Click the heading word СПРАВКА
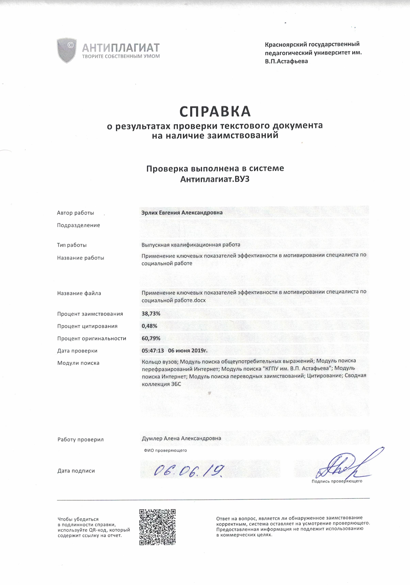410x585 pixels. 215,111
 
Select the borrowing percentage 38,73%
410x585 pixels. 151,314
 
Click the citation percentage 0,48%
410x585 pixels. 149,326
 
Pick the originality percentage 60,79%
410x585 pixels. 151,338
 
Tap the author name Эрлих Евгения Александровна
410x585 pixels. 182,212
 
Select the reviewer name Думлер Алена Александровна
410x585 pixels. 181,438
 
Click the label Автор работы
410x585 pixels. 75,213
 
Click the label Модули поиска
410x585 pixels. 78,363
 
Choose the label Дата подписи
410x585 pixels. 76,471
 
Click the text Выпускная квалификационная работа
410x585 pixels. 191,245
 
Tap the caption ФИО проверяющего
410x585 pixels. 165,450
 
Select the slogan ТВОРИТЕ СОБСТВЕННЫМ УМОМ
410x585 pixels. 121,56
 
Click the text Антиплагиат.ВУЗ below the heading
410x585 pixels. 215,179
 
